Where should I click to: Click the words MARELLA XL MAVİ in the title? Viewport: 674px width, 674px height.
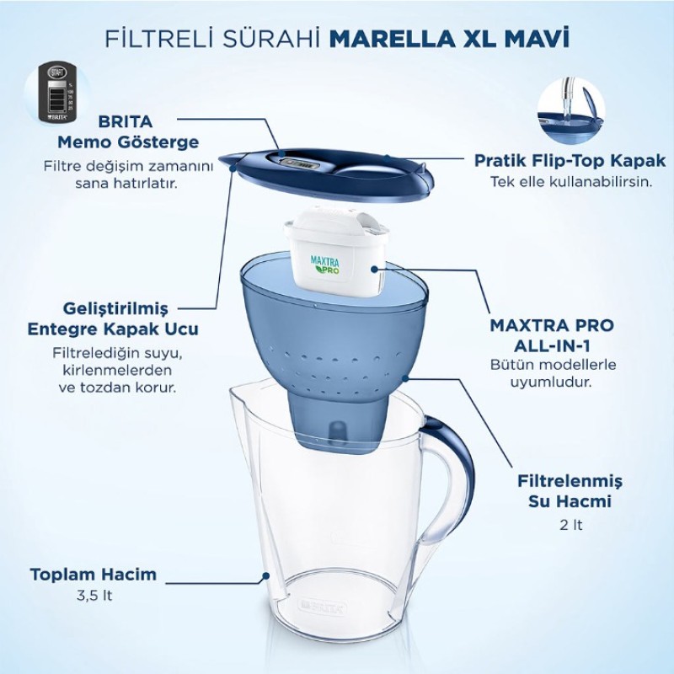pyautogui.click(x=449, y=39)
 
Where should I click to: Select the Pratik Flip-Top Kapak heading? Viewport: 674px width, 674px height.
pyautogui.click(x=570, y=160)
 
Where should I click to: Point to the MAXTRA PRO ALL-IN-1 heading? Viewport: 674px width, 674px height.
pyautogui.click(x=553, y=335)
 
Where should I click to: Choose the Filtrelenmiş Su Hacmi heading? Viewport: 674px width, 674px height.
pyautogui.click(x=570, y=491)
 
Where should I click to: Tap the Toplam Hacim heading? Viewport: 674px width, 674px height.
pyautogui.click(x=94, y=575)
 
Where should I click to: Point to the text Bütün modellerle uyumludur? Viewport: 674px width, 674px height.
pyautogui.click(x=553, y=372)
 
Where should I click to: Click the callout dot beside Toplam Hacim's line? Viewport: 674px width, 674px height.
pyautogui.click(x=266, y=577)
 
